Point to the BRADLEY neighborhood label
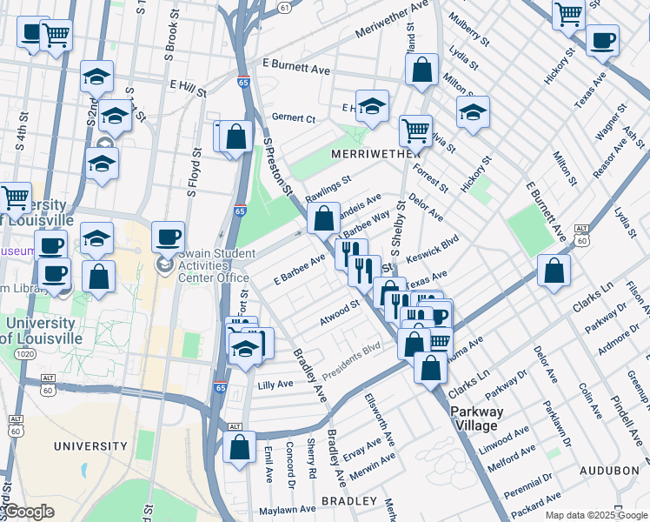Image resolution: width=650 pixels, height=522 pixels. [x=349, y=501]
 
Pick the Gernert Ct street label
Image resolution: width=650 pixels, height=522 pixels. [x=292, y=117]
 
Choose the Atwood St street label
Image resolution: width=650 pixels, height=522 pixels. [x=339, y=312]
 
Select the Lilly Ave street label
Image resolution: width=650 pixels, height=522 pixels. [x=275, y=383]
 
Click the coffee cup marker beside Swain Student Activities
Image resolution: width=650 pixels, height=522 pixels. [x=168, y=236]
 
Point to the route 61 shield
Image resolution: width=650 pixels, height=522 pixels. [x=284, y=7]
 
